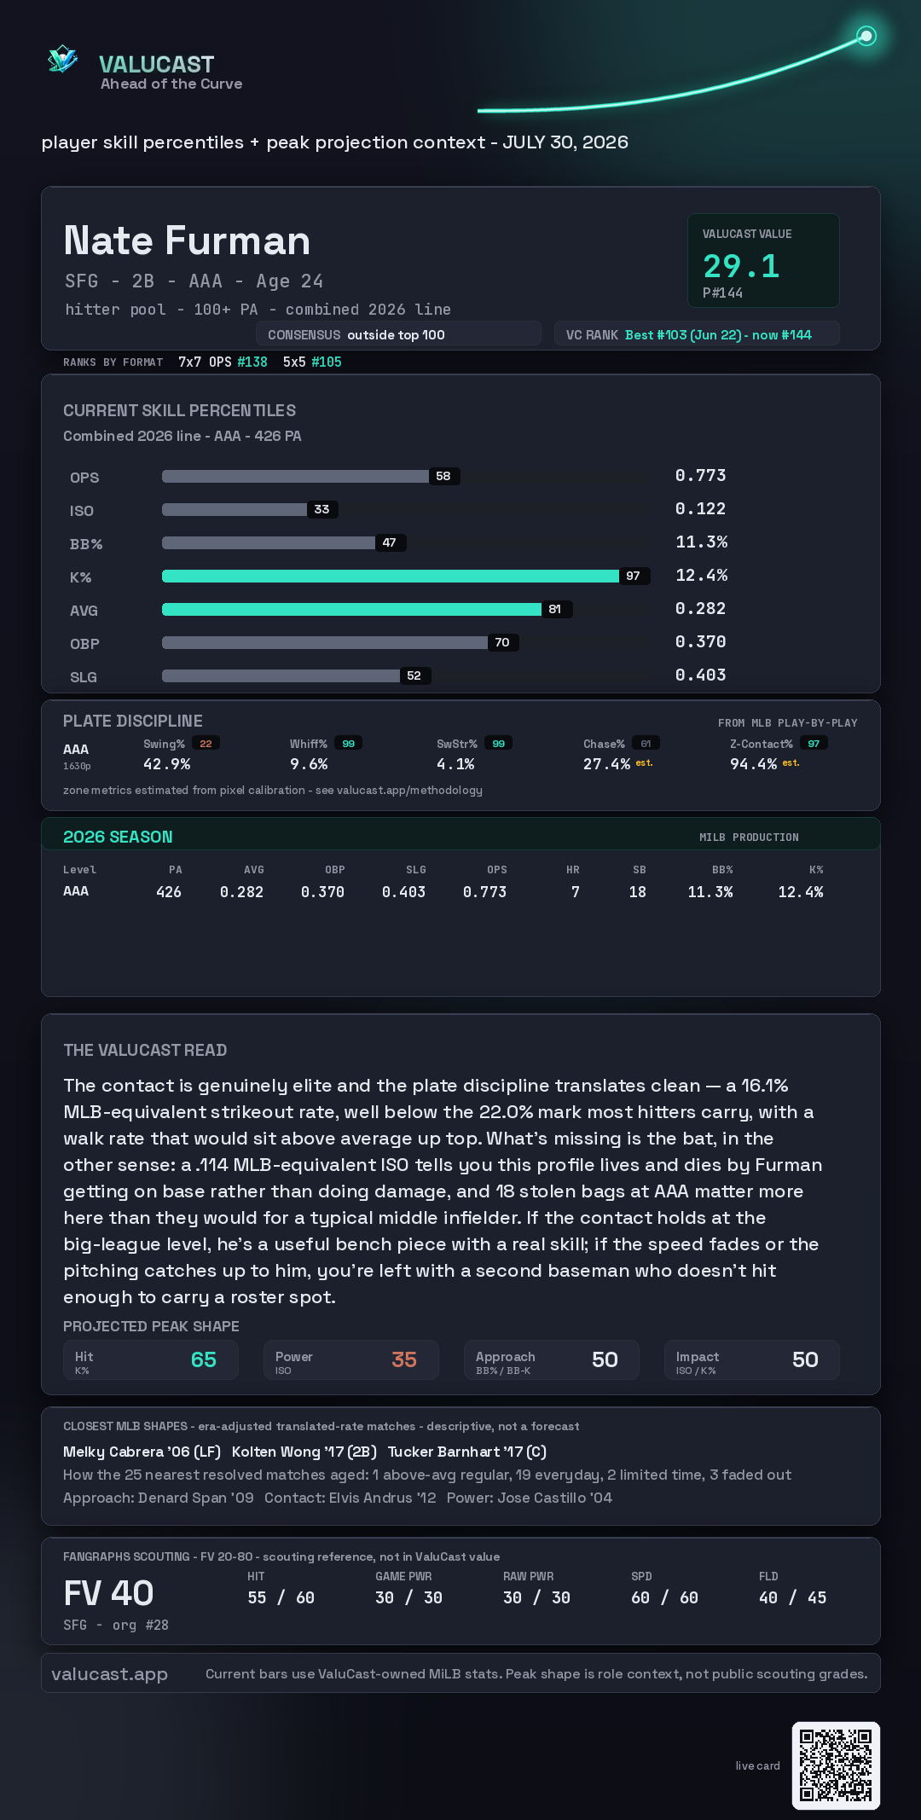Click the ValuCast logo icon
63,60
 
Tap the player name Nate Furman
187,241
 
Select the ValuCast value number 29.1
741,266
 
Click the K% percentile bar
391,576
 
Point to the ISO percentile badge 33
321,509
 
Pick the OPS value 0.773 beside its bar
700,475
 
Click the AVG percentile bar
351,609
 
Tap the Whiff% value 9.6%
309,764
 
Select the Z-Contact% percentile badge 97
814,744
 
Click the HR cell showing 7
576,892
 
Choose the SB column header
639,870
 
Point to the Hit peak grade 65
204,1359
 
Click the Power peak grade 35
404,1359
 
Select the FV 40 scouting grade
108,1593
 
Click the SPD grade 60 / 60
664,1597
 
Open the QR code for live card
836,1765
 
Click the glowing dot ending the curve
866,36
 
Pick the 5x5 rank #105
327,362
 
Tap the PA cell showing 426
169,892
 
